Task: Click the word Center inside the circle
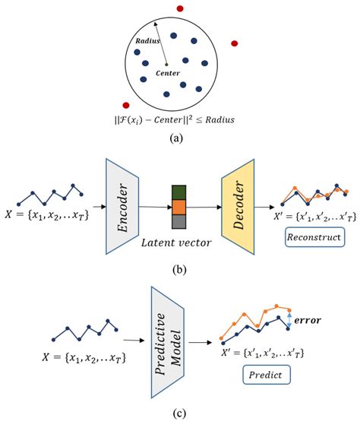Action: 167,74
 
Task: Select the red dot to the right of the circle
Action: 235,43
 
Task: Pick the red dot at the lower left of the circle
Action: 126,105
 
